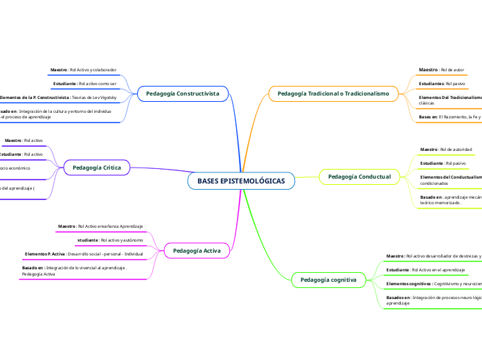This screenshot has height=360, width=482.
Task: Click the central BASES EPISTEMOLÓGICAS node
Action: (x=241, y=181)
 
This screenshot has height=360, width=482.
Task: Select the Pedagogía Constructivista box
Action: (x=183, y=93)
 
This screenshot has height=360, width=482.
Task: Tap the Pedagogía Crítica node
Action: (x=96, y=167)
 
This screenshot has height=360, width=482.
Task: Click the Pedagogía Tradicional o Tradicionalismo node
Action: (x=333, y=93)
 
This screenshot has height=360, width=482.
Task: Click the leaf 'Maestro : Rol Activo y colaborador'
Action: (x=83, y=70)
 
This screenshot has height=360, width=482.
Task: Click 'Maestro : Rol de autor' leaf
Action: (x=441, y=70)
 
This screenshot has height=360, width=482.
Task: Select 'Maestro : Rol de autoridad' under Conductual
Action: (x=446, y=149)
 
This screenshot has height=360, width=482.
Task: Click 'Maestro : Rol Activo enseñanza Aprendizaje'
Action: (x=100, y=226)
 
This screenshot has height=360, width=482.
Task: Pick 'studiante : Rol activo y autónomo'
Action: (x=110, y=240)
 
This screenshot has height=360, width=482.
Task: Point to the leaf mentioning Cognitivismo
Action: (x=433, y=284)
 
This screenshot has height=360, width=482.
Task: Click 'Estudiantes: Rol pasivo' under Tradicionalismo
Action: (x=442, y=83)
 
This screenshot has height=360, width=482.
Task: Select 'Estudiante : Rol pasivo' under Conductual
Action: (x=443, y=163)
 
